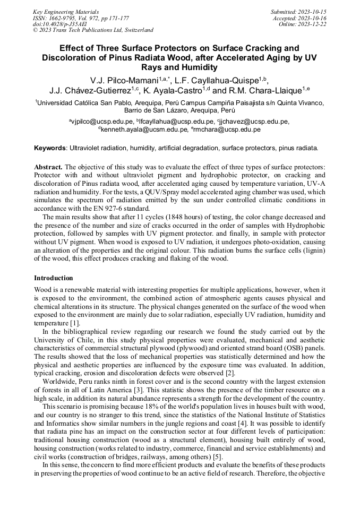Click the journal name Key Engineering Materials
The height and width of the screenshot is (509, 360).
(65, 11)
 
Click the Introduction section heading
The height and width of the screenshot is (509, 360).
(54, 278)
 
